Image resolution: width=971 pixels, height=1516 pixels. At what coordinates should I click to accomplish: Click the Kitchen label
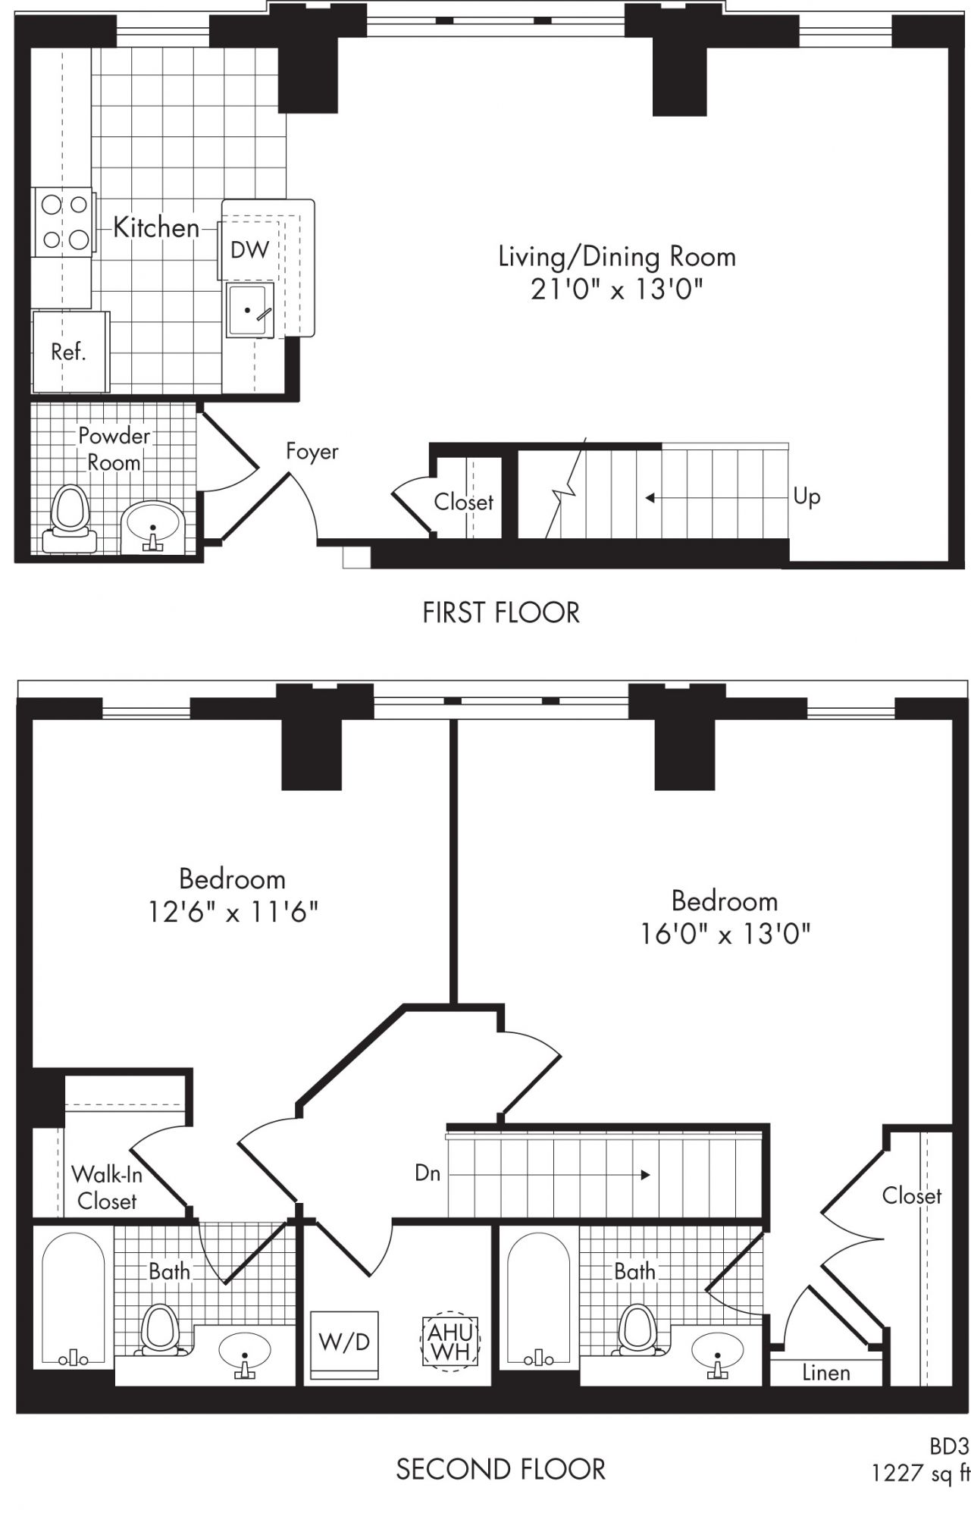tap(156, 227)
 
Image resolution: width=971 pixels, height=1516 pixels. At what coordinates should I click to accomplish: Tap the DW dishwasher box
tap(249, 250)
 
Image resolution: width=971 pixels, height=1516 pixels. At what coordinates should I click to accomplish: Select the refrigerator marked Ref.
tap(70, 352)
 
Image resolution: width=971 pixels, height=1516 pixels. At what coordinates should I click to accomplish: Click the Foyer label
tap(312, 452)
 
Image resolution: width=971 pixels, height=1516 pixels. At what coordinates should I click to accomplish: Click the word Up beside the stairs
tap(807, 497)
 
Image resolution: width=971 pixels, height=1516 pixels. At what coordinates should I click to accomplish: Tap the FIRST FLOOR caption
tap(501, 612)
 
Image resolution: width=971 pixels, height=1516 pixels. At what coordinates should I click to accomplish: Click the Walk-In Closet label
tap(106, 1188)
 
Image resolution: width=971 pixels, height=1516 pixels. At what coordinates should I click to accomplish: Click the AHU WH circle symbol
tap(450, 1341)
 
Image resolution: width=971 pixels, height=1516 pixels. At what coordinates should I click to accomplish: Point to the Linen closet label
tap(825, 1373)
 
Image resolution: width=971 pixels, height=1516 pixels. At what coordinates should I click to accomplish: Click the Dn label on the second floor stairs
tap(428, 1173)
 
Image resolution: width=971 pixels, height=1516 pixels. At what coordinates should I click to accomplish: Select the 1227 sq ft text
tap(921, 1473)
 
